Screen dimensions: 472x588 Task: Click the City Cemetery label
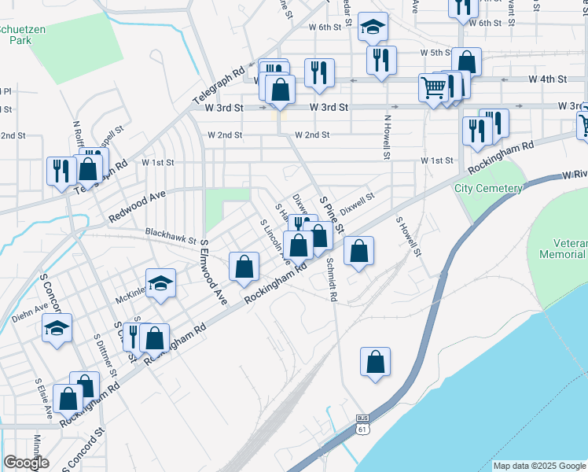[x=488, y=189]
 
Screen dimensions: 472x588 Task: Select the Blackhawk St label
[x=170, y=232]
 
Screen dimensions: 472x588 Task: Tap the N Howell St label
[x=387, y=138]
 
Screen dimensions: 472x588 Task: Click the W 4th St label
[x=548, y=80]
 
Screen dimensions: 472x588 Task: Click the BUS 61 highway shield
[x=362, y=423]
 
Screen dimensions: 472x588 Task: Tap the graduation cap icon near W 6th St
[x=372, y=27]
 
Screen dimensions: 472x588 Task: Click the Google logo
[x=26, y=463]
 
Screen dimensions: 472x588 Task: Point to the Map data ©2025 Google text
[x=539, y=466]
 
